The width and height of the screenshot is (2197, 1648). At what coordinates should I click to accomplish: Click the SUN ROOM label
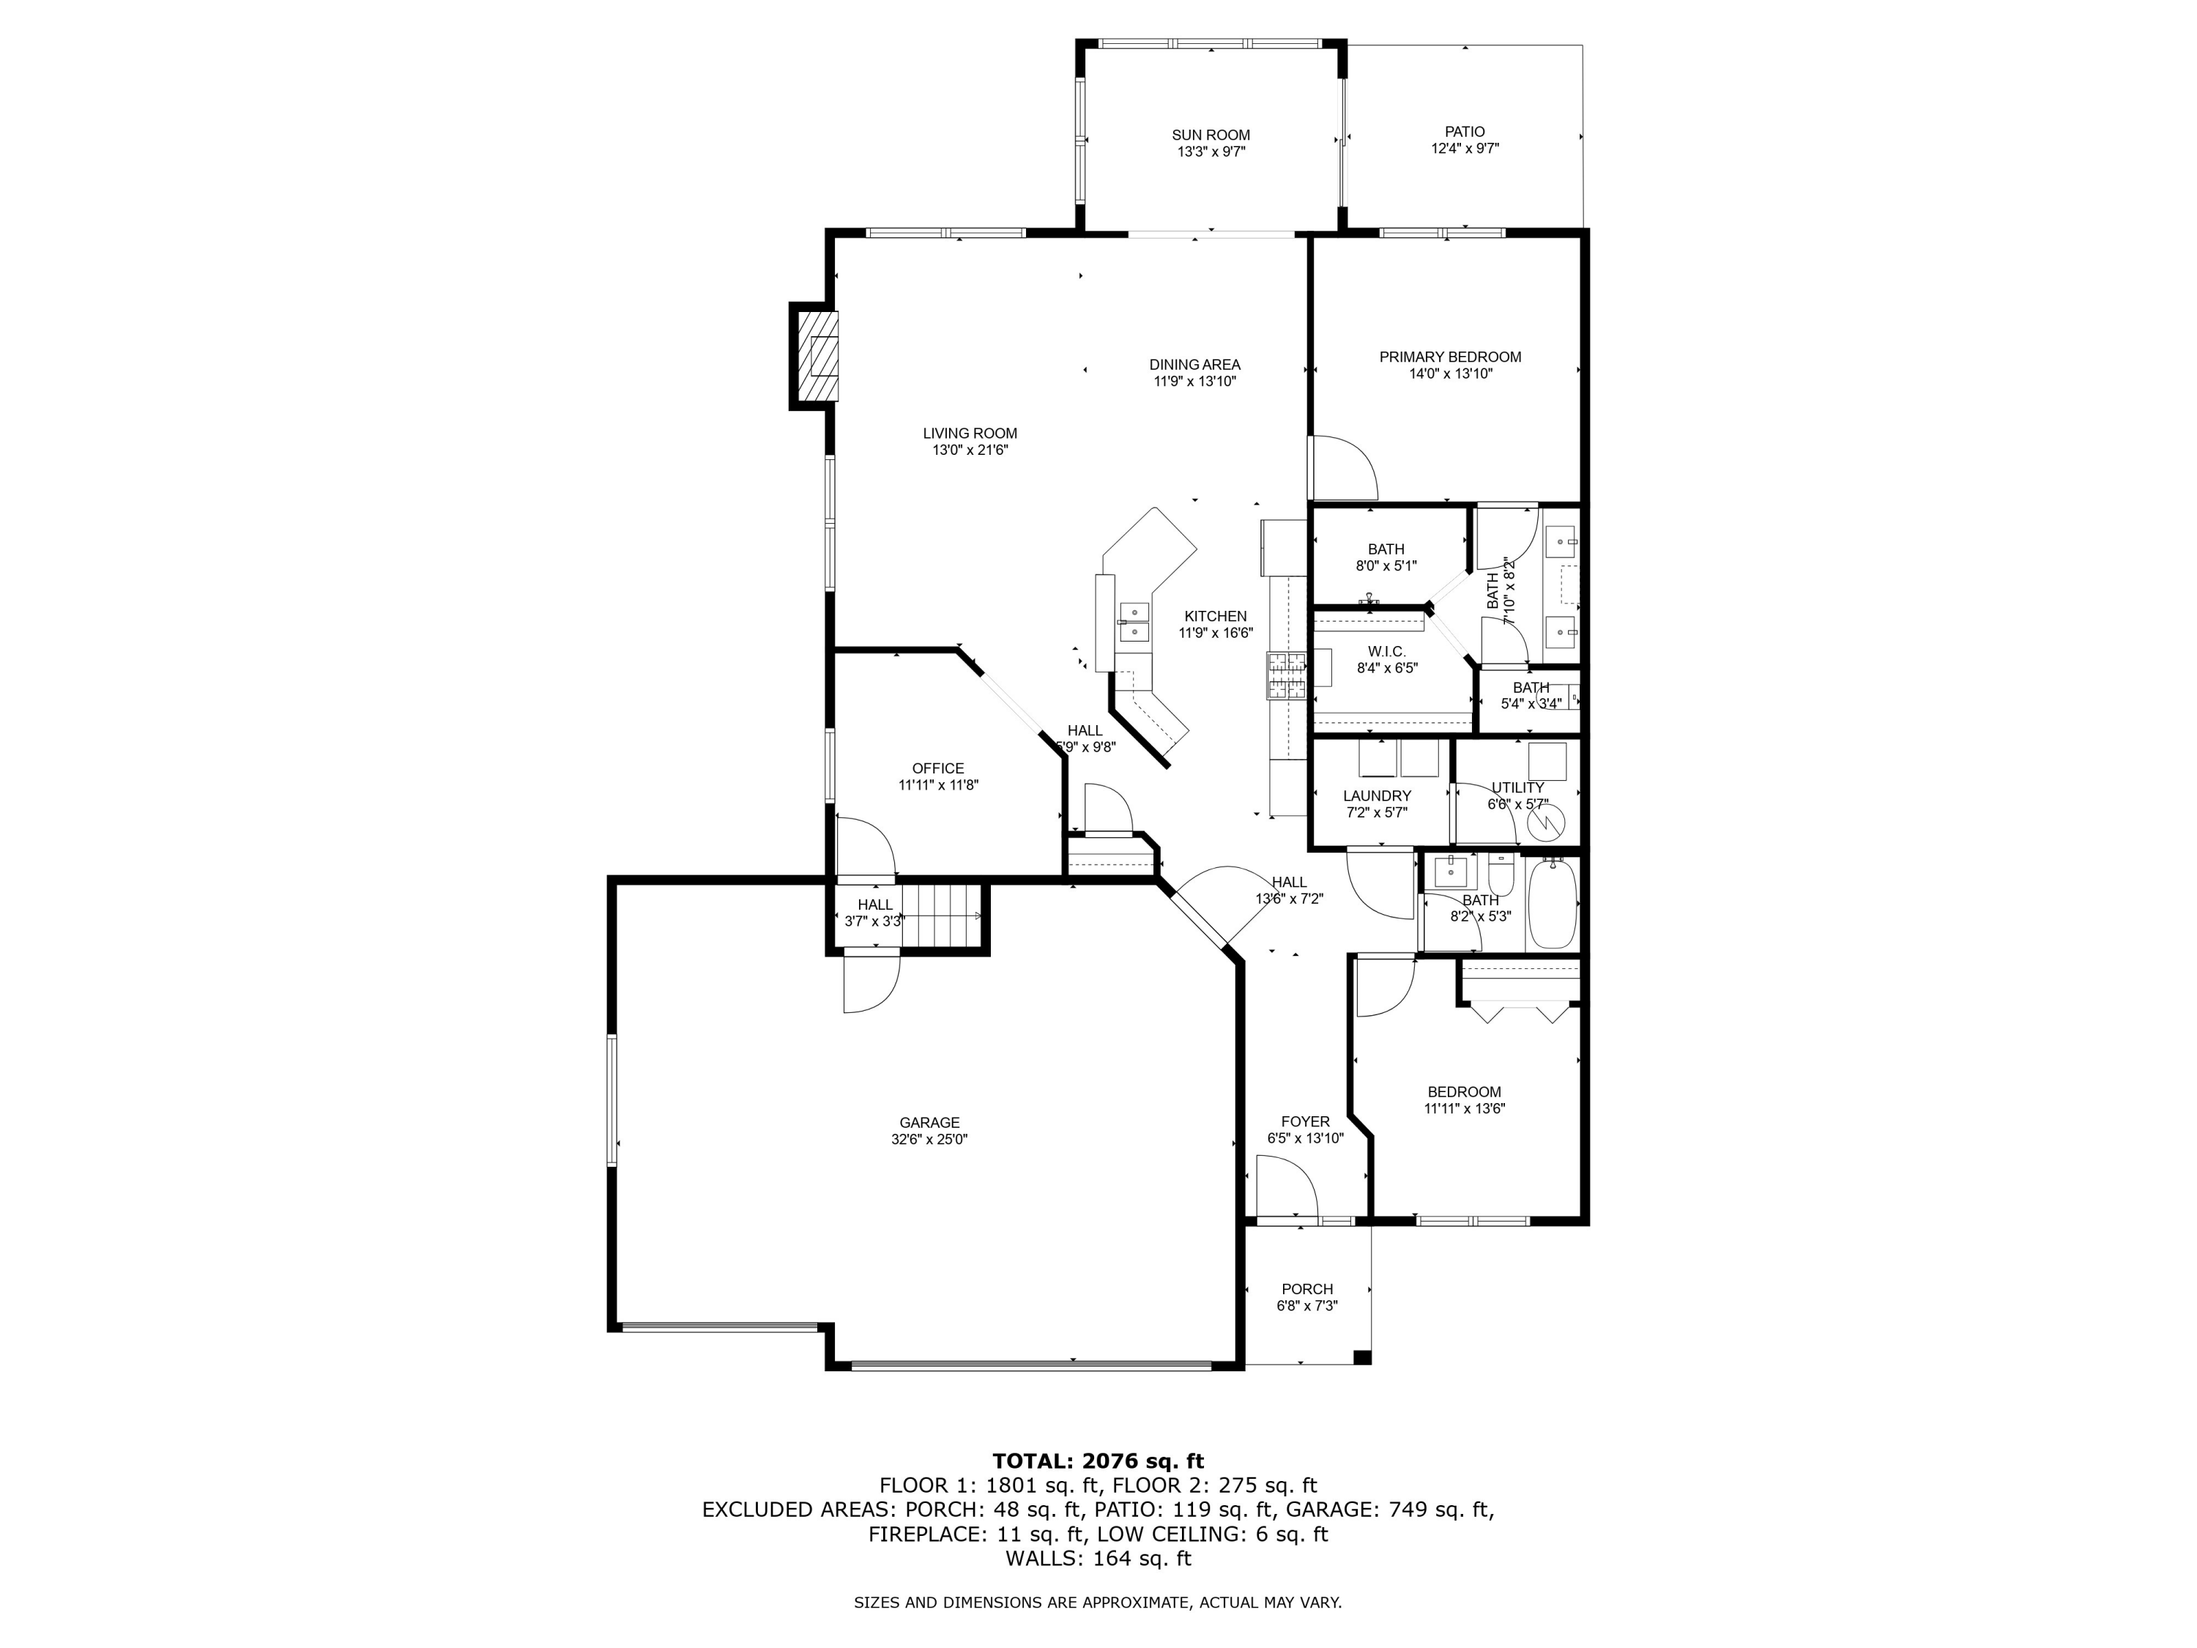(1211, 135)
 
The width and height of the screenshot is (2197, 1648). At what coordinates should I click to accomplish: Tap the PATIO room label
(1465, 131)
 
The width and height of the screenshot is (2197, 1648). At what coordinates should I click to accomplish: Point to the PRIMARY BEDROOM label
(1450, 357)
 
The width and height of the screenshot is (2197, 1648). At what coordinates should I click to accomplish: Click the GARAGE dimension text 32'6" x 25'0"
(929, 1140)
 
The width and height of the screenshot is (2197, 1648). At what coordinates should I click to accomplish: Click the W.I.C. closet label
(1386, 650)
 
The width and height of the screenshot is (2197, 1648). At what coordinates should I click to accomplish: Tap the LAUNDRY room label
(1377, 795)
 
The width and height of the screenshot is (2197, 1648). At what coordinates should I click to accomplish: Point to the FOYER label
(1305, 1121)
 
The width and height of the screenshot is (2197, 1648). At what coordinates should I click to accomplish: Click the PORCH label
(1307, 1289)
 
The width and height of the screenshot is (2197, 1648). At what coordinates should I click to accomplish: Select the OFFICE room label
(937, 768)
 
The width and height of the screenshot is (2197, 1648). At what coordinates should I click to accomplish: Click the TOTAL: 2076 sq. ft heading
(1098, 1461)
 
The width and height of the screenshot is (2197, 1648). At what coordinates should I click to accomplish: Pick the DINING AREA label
(1195, 365)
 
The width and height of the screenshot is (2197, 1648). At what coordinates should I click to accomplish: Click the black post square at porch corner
(1363, 1357)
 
